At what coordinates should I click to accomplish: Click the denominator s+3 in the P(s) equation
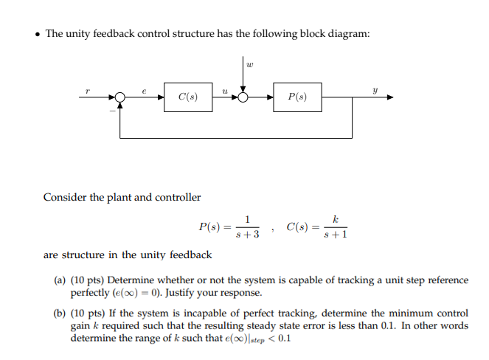247,235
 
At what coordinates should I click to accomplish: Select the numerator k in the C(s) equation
336,219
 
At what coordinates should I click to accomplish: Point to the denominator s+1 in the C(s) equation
336,235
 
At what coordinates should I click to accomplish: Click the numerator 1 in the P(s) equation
248,219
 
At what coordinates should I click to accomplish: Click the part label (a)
60,280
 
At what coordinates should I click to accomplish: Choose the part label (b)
60,312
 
